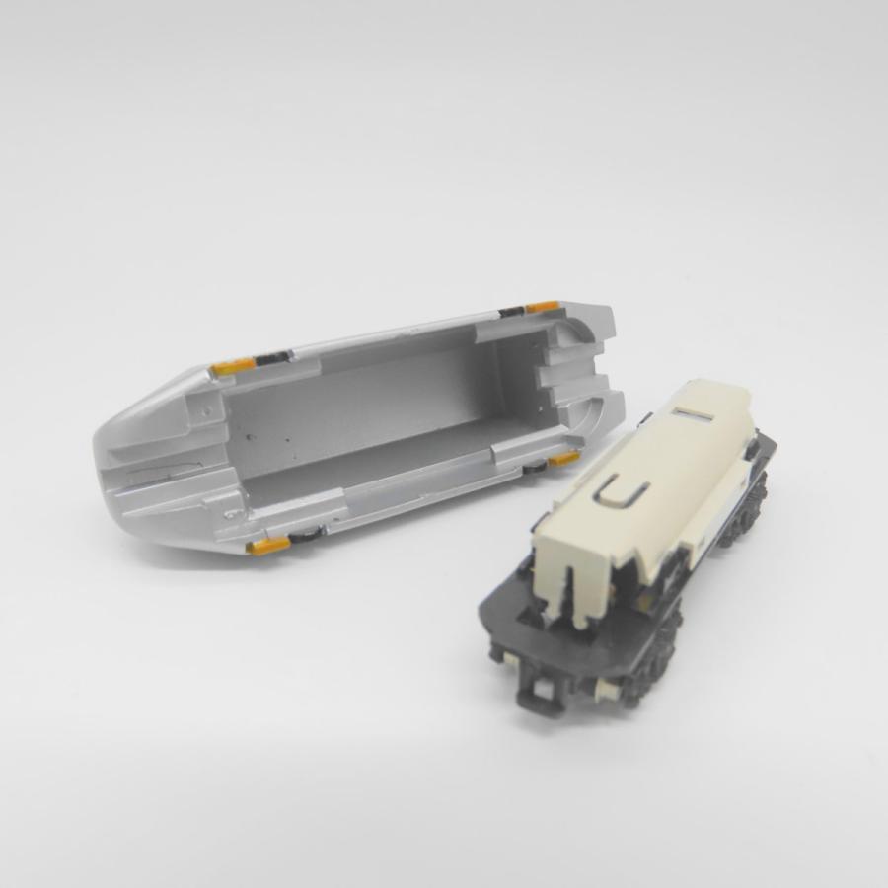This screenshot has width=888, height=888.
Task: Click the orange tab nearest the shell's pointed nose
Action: [x=230, y=368]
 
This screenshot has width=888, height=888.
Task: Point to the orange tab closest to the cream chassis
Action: [x=564, y=459]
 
